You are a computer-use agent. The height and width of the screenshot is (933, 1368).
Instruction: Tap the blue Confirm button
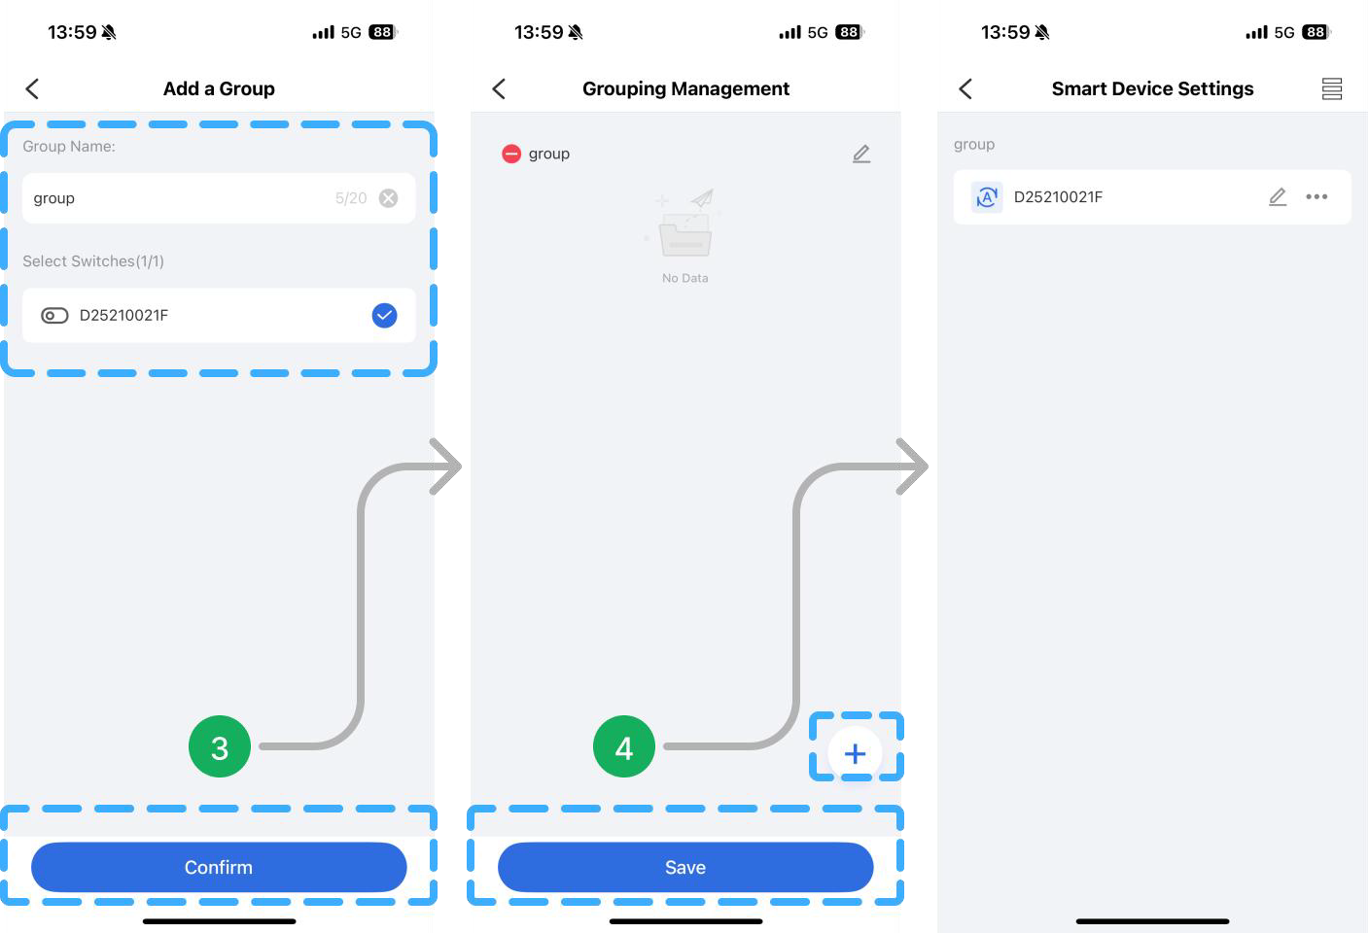pos(219,867)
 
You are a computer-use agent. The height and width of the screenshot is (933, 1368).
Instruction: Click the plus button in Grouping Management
pos(855,753)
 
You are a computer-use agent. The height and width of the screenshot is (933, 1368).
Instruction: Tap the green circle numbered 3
pos(220,746)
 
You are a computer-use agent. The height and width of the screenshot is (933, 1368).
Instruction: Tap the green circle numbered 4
pos(624,746)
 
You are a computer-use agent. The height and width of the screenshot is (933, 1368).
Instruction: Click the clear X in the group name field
pos(388,198)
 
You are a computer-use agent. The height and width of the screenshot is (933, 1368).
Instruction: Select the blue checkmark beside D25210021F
pos(384,315)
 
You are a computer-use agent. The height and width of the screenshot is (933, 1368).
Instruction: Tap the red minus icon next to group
pos(511,154)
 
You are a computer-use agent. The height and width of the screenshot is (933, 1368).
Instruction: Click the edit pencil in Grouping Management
pos(861,154)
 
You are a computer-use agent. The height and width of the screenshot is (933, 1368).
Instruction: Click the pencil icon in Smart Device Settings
pos(1278,197)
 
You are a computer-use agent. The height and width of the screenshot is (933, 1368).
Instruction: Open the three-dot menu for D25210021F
pos(1316,197)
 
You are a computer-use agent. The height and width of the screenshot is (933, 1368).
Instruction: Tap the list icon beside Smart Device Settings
pos(1332,88)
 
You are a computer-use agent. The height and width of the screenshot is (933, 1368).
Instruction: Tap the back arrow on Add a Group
pos(32,89)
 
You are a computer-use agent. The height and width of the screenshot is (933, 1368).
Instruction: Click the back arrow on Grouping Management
pos(499,89)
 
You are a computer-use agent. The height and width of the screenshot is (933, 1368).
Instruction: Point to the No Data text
pos(685,278)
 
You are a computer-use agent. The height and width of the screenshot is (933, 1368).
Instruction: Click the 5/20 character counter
pos(351,198)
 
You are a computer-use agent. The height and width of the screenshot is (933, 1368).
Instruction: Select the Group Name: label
pos(69,146)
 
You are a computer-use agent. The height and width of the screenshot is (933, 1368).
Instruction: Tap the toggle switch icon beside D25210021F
pos(54,315)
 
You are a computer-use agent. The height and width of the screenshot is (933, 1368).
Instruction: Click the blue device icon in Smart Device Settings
pos(987,197)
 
